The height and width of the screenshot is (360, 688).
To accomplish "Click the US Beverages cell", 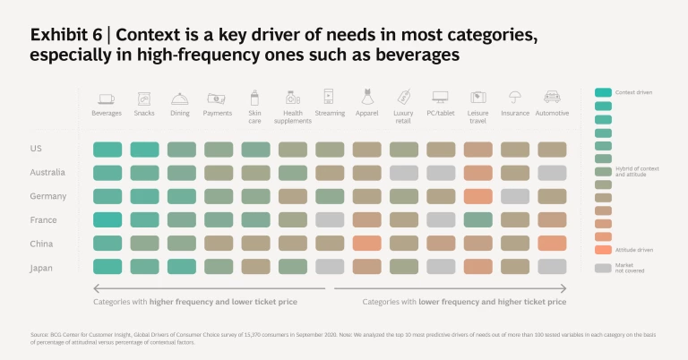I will pyautogui.click(x=107, y=150).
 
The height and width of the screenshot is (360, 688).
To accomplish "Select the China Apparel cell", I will pyautogui.click(x=366, y=243).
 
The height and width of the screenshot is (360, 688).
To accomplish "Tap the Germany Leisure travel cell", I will pyautogui.click(x=477, y=196).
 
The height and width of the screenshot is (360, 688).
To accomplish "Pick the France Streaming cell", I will pyautogui.click(x=330, y=219).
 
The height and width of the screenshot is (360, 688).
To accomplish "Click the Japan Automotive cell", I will pyautogui.click(x=552, y=266).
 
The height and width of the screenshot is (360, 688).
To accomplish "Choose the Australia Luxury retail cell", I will pyautogui.click(x=404, y=173).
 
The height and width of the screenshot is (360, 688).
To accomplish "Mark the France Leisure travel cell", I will pyautogui.click(x=477, y=219).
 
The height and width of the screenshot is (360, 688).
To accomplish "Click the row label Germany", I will pyautogui.click(x=46, y=195).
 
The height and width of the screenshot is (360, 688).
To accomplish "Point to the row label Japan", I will pyautogui.click(x=41, y=265).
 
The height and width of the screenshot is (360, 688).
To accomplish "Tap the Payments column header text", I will pyautogui.click(x=219, y=114).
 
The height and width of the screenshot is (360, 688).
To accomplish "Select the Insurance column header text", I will pyautogui.click(x=515, y=114).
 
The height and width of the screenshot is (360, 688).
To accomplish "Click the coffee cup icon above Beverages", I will pyautogui.click(x=107, y=98).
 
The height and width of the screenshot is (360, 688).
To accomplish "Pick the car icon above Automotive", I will pyautogui.click(x=552, y=97).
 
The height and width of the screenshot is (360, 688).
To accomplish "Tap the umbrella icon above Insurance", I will pyautogui.click(x=515, y=97).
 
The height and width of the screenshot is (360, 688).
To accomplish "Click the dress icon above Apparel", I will pyautogui.click(x=366, y=97).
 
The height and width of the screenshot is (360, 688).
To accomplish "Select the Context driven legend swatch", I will pyautogui.click(x=603, y=92).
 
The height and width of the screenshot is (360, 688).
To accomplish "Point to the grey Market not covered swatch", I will pyautogui.click(x=603, y=267).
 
